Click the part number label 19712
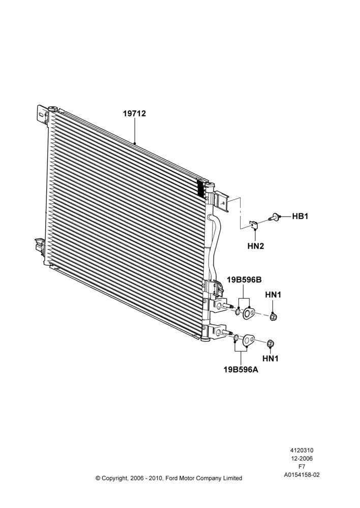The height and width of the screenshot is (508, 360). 134,114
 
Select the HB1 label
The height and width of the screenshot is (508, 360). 300,216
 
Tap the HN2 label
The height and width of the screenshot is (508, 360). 256,246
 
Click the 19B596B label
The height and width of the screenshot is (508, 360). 244,280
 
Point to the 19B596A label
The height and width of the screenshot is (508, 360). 241,369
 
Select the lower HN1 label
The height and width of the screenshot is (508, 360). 270,358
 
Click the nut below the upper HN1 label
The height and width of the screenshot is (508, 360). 274,316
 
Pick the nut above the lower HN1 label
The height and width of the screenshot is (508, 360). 271,343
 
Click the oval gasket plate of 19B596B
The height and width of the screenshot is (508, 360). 249,313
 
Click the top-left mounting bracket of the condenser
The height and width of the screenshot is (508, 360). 42,114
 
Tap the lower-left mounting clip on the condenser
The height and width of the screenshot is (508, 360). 40,246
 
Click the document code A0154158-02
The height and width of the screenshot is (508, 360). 302,475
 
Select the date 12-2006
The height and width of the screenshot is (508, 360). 302,458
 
